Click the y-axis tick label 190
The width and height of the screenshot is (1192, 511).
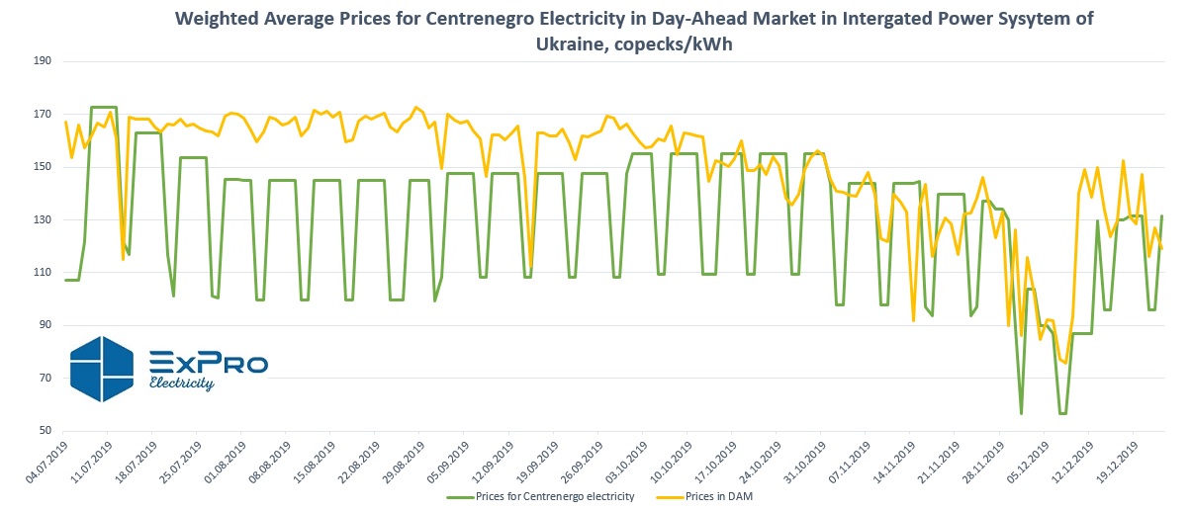(43, 61)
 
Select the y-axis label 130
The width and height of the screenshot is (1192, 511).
(43, 220)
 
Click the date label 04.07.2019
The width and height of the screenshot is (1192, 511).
(43, 463)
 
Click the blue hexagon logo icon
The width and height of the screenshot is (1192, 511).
(101, 369)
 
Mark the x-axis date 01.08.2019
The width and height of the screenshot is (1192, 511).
(226, 463)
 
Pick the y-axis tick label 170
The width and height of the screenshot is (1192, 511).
(43, 115)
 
